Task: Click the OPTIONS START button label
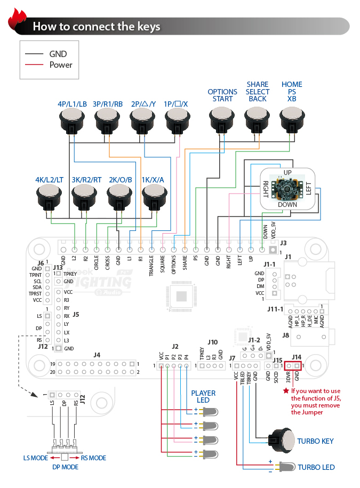coord(222,95)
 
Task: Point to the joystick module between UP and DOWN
coord(287,188)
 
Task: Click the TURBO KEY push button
coord(282,441)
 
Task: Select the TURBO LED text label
coord(316,467)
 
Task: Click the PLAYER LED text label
coord(203,397)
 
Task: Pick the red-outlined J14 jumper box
coord(293,366)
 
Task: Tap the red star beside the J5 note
coord(286,390)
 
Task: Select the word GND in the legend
coord(58,54)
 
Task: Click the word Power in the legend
coord(61,65)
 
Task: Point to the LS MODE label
coord(35,458)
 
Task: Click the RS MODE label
coord(93,458)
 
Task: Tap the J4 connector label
coord(97,354)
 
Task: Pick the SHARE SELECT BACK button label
coord(258,92)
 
